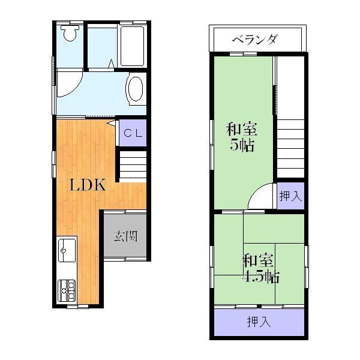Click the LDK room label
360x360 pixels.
pyautogui.click(x=88, y=185)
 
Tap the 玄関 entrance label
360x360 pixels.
pyautogui.click(x=125, y=236)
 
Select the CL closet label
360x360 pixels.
pyautogui.click(x=133, y=134)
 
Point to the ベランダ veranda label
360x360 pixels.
pyautogui.click(x=254, y=40)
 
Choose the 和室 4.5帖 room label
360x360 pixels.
pyautogui.click(x=259, y=269)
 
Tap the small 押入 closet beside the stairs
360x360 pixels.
pyautogui.click(x=291, y=196)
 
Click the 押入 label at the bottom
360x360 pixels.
pyautogui.click(x=259, y=322)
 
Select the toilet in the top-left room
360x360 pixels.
pyautogui.click(x=70, y=34)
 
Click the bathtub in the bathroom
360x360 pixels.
pyautogui.click(x=133, y=46)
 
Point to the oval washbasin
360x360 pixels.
pyautogui.click(x=136, y=90)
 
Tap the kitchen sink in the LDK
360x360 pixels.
pyautogui.click(x=67, y=248)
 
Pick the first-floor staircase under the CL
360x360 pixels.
pyautogui.click(x=133, y=163)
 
